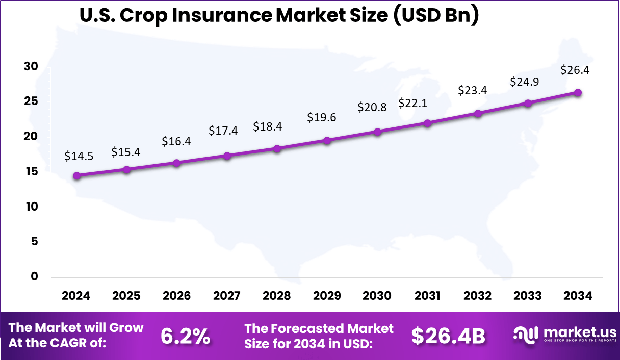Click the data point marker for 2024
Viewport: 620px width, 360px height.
point(76,175)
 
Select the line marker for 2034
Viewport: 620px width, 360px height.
point(578,92)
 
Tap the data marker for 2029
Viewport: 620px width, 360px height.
point(327,140)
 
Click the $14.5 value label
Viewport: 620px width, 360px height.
point(79,156)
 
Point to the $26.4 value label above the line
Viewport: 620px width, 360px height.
point(575,70)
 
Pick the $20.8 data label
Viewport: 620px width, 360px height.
point(372,107)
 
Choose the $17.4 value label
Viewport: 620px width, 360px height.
point(223,131)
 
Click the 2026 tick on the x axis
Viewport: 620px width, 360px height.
point(176,296)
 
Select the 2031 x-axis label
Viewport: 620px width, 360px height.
point(427,296)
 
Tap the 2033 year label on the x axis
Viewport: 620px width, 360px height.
point(528,296)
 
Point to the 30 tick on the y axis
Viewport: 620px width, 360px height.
point(31,67)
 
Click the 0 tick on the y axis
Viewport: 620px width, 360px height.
point(35,276)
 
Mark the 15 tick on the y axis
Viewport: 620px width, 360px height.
point(31,172)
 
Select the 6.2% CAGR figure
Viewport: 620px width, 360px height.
point(185,336)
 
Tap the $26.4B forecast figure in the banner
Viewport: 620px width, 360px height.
point(448,336)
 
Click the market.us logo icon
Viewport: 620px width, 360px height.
point(526,335)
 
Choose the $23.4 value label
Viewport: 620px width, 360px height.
point(473,90)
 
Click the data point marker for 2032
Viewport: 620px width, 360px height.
point(478,113)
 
